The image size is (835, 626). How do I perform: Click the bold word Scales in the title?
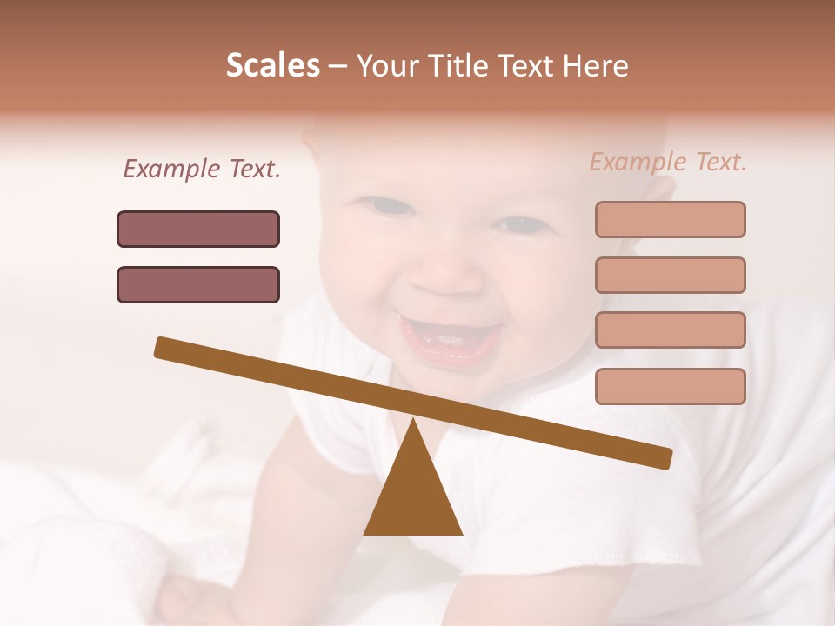[x=272, y=66]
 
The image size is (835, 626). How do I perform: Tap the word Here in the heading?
[x=596, y=66]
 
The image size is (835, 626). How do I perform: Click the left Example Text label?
[x=202, y=170]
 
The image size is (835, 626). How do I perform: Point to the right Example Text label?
[x=668, y=162]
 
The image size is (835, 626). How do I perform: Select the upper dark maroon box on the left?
[x=198, y=229]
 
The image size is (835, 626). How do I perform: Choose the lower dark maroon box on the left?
[x=198, y=284]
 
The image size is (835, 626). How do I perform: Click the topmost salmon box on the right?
[x=670, y=219]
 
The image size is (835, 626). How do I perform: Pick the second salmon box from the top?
[x=670, y=275]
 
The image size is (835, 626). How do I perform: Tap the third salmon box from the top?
[x=670, y=330]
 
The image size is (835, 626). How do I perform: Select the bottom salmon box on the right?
[x=670, y=386]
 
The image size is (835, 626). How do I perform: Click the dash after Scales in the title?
[x=338, y=67]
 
